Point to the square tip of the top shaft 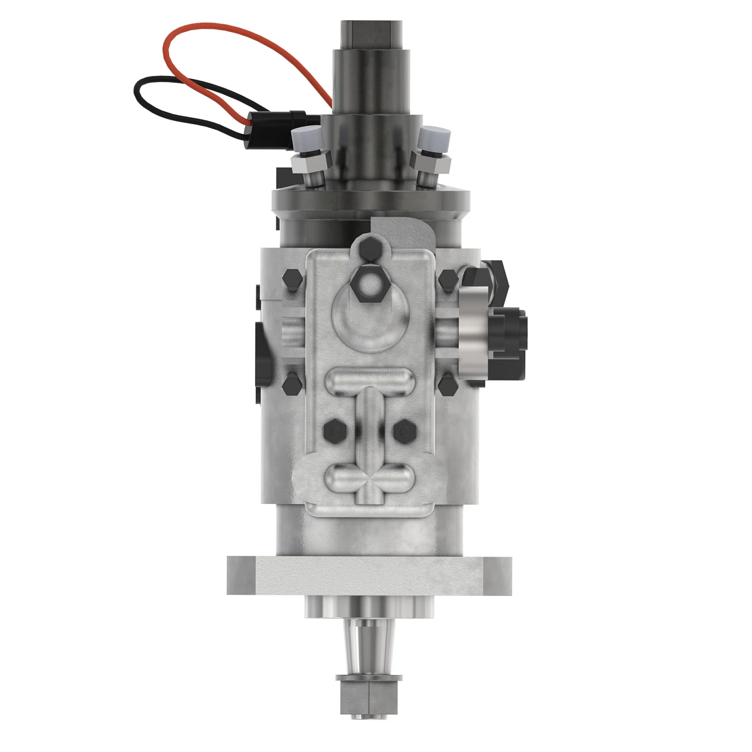coord(372,34)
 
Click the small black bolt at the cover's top coord(370,250)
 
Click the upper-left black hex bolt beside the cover coord(292,280)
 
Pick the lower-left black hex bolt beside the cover coord(292,384)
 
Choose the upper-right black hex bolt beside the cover coord(447,279)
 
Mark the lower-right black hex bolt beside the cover coord(447,384)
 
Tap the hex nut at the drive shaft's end coord(368,696)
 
